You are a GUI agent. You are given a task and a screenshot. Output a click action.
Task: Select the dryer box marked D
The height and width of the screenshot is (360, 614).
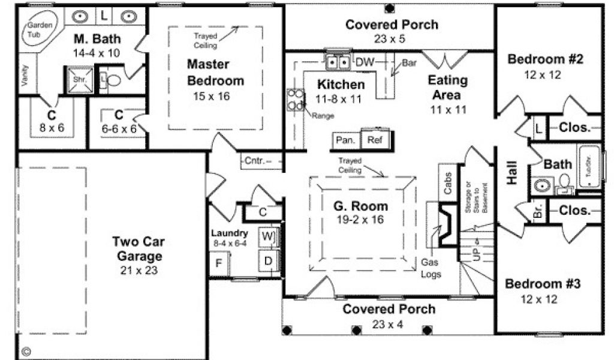tap(267, 260)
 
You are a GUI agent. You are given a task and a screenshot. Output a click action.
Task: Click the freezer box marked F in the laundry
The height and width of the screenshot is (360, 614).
tap(219, 262)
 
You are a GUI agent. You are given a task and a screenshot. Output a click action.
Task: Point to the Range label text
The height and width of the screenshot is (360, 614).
tap(323, 115)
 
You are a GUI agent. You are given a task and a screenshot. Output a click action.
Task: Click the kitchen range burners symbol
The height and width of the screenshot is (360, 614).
tap(296, 100)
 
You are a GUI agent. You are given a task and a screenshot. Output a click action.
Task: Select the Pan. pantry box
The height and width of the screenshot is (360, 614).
tap(345, 140)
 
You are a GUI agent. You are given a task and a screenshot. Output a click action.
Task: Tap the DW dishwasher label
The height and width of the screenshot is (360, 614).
tap(363, 62)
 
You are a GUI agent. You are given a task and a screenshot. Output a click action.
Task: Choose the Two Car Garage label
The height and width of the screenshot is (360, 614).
tap(139, 250)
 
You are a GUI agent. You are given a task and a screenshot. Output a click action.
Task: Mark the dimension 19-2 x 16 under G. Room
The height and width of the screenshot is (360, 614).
tap(360, 220)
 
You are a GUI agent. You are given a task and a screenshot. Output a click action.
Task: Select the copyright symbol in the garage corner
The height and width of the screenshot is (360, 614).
tap(26, 350)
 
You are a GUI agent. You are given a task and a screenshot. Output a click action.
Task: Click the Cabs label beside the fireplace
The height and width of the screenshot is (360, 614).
tap(448, 184)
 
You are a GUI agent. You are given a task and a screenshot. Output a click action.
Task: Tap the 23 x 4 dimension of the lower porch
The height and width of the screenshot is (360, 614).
tap(389, 324)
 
